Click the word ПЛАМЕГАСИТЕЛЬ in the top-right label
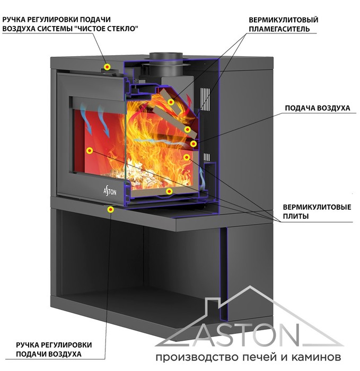279,29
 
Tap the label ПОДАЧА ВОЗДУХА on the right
318,108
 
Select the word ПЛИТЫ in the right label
296,216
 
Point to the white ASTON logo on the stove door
110,191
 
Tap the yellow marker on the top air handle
108,67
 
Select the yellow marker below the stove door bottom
111,209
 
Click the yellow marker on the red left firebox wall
89,150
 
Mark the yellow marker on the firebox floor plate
169,191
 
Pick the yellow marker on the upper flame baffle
171,102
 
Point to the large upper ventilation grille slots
205,100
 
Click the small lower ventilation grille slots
207,157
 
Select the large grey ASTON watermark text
249,335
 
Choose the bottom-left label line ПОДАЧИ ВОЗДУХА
49,354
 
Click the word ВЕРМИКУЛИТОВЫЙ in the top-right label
283,20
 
